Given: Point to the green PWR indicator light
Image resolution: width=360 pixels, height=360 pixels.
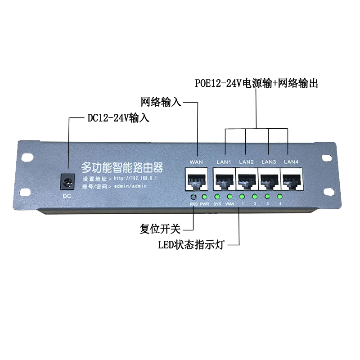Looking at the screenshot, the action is pyautogui.click(x=205, y=197).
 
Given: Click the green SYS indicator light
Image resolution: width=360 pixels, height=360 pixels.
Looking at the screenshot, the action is pyautogui.click(x=217, y=197).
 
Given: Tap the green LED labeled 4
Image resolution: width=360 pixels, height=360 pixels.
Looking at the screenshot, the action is pyautogui.click(x=279, y=197).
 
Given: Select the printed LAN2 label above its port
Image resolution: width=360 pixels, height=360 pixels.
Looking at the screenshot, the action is pyautogui.click(x=247, y=162).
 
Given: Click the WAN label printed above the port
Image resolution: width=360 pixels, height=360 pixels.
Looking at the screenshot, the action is pyautogui.click(x=197, y=162).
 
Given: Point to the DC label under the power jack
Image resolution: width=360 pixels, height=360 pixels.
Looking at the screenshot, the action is pyautogui.click(x=67, y=196).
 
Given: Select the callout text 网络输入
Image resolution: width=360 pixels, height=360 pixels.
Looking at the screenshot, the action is pyautogui.click(x=161, y=102).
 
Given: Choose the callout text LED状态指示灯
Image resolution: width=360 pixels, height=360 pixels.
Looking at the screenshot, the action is pyautogui.click(x=192, y=245).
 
